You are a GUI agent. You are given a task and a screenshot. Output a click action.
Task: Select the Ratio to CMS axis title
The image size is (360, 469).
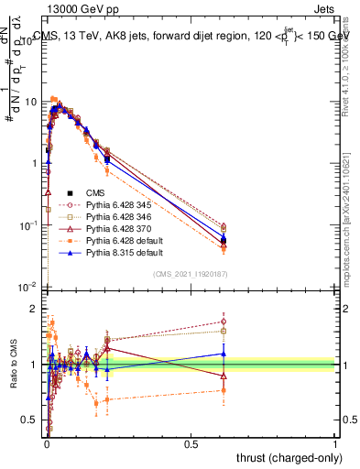[x=13, y=365]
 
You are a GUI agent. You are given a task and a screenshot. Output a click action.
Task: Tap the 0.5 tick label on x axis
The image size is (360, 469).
[x=191, y=443]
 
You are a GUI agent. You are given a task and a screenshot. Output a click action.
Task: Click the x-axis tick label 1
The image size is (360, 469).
[x=336, y=443]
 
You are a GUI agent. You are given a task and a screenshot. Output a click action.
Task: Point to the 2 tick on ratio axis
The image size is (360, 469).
[x=35, y=309]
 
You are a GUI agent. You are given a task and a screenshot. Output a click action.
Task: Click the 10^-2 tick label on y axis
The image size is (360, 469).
[x=29, y=287]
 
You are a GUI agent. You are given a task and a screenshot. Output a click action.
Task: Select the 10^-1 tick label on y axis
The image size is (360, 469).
[x=29, y=224]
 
